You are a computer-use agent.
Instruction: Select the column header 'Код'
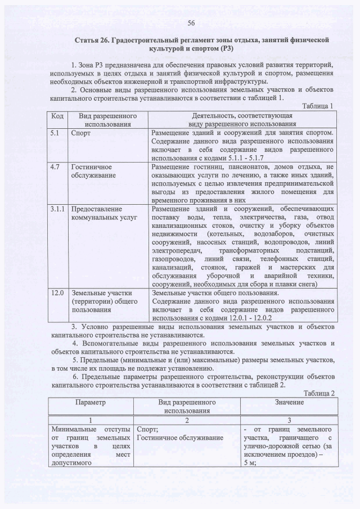[57, 116]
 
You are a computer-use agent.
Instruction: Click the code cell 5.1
[53, 133]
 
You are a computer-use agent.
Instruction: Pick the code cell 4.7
[53, 167]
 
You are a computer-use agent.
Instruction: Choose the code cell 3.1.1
[56, 209]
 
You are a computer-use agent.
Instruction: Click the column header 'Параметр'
[89, 403]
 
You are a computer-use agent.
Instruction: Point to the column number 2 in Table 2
[187, 421]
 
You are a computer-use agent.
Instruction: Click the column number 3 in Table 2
[289, 421]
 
